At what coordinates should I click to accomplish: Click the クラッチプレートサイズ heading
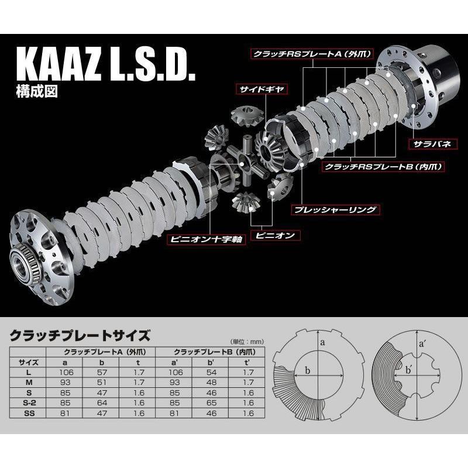pos(80,336)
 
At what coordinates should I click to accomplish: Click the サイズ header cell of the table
pos(29,362)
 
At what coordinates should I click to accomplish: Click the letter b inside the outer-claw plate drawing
pos(305,370)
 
